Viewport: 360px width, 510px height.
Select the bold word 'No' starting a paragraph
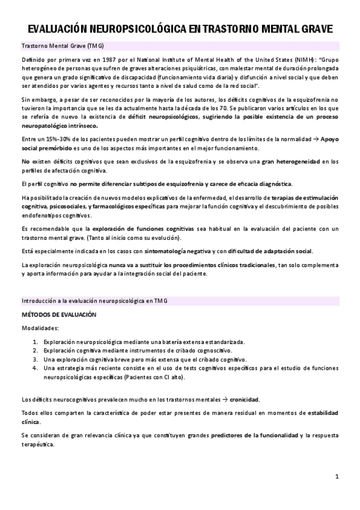tap(25, 161)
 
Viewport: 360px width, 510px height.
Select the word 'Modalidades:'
tap(40, 328)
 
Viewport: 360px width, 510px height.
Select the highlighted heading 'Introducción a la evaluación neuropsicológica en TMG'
tap(91, 301)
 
